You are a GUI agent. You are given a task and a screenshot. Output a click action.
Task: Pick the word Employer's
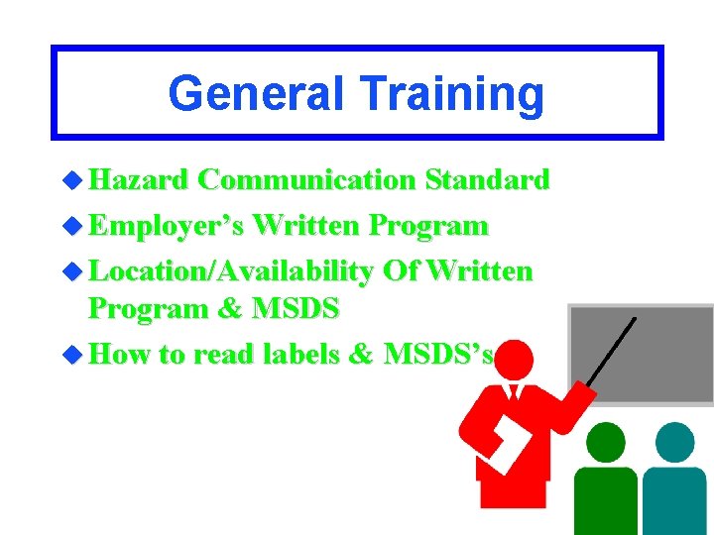(x=167, y=226)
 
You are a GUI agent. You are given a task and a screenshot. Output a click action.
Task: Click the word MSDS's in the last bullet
(x=436, y=354)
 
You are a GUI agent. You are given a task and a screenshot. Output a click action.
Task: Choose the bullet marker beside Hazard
(x=71, y=181)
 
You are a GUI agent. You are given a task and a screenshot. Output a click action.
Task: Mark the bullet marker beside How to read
(x=71, y=355)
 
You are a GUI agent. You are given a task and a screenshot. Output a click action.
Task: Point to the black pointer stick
(x=611, y=353)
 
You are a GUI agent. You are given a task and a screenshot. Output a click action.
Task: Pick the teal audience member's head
(x=675, y=442)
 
